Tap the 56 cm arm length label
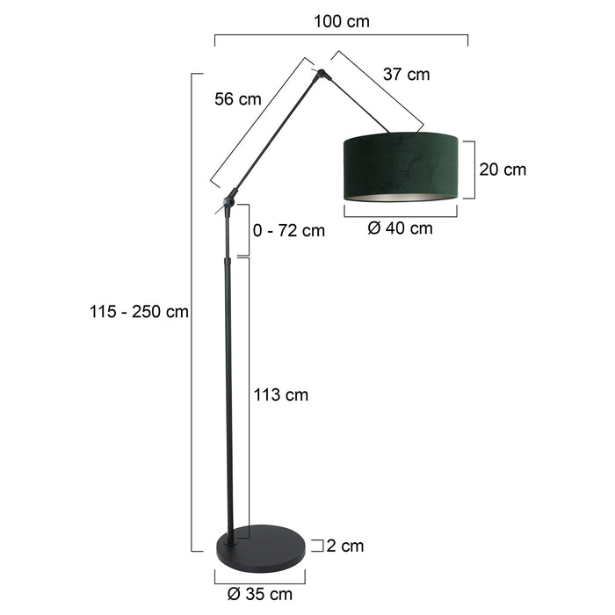(x=238, y=99)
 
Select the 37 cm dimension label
(x=406, y=75)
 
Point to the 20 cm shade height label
(x=503, y=170)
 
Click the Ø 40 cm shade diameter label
(x=401, y=228)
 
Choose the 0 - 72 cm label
(x=288, y=231)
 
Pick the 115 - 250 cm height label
(x=139, y=312)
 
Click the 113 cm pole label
(x=280, y=395)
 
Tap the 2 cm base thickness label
(x=344, y=546)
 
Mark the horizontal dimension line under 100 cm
(x=342, y=37)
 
